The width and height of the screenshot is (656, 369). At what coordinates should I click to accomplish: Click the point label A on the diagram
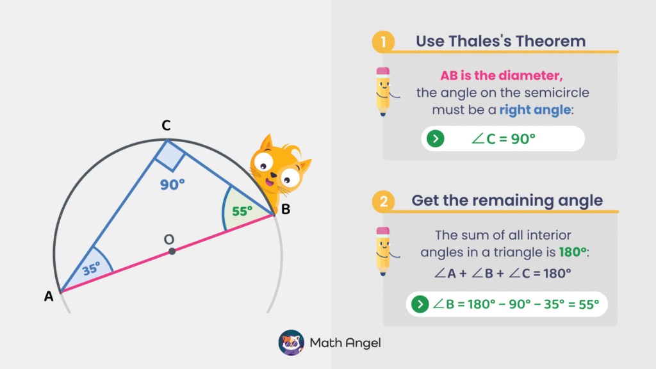click(x=48, y=296)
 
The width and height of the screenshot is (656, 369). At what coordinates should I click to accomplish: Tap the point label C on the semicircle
click(x=165, y=126)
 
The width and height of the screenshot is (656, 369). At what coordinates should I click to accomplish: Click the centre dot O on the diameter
click(x=172, y=251)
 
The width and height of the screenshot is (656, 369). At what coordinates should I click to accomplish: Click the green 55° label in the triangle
click(x=242, y=211)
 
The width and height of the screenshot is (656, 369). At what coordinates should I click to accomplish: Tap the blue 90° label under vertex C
click(x=172, y=184)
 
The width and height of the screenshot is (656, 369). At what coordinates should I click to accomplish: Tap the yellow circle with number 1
click(x=382, y=42)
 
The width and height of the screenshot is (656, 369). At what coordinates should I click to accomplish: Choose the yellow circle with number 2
click(x=382, y=201)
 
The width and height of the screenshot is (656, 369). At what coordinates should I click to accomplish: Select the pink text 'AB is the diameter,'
click(x=502, y=76)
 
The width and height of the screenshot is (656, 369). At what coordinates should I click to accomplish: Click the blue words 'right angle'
click(x=535, y=110)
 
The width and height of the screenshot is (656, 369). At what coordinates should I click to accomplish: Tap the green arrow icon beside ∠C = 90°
click(x=436, y=138)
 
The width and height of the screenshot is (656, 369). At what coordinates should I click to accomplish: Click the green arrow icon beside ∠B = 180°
click(x=420, y=304)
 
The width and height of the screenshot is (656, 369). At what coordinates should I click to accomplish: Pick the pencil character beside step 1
click(x=383, y=92)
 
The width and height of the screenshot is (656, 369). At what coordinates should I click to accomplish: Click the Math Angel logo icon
click(x=291, y=343)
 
